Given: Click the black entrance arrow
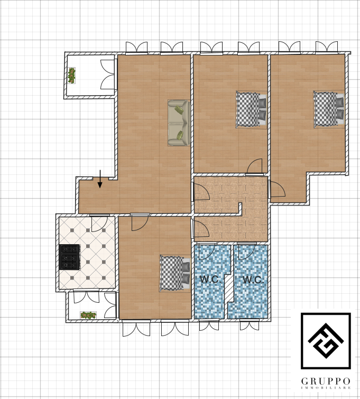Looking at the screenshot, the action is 100,179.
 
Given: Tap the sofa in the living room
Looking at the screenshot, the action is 179,123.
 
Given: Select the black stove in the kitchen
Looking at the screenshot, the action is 70,257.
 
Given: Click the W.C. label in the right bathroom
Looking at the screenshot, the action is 253,280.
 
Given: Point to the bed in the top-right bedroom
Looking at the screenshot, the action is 329,109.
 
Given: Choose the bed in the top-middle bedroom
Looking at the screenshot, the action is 252,109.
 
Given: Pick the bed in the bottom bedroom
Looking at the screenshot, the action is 175,273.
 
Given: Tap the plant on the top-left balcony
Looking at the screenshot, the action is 71,76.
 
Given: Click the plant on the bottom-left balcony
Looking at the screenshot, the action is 88,315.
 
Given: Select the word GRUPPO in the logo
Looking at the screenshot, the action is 326,381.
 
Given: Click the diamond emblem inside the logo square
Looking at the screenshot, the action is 326,340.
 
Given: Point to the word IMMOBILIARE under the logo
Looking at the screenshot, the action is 326,388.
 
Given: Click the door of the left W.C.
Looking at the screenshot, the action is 207,252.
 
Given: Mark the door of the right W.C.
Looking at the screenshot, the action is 246,252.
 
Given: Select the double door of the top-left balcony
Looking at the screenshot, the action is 108,75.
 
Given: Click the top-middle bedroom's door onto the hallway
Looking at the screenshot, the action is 255,166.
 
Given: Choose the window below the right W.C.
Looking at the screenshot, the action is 250,324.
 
